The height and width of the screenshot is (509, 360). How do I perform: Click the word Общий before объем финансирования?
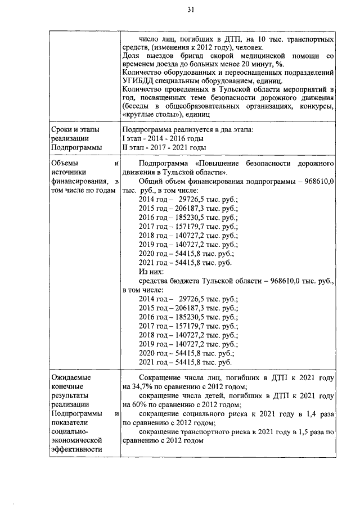pos(151,182)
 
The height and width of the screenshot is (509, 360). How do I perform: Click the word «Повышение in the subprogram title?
pos(221,163)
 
